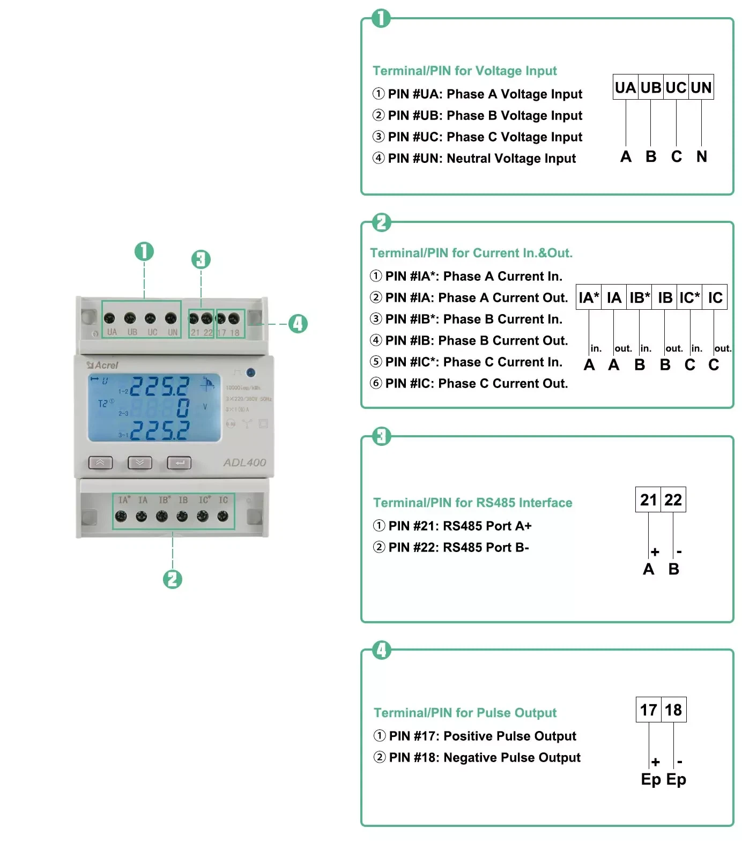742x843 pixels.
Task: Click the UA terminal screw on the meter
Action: tap(109, 318)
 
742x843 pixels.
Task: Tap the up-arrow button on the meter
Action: tap(101, 462)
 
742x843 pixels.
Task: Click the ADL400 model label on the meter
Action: tap(244, 462)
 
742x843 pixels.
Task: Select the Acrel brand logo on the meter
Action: tap(103, 365)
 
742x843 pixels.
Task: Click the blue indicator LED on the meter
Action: tap(250, 372)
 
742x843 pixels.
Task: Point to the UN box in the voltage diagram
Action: tap(701, 87)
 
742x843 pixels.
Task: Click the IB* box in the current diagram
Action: tap(639, 297)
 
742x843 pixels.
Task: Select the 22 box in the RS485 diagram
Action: tap(673, 500)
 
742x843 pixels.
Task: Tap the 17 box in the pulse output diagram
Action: tap(649, 710)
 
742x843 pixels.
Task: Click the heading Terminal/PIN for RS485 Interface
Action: tap(472, 503)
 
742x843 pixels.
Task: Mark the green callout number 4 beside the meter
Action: tap(298, 324)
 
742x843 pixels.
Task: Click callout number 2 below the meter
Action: tap(173, 579)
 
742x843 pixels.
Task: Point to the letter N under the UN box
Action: tap(701, 156)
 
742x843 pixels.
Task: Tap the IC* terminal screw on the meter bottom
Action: tap(203, 516)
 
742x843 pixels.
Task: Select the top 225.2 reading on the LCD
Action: tap(160, 386)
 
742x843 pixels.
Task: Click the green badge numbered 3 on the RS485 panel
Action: tap(381, 436)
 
